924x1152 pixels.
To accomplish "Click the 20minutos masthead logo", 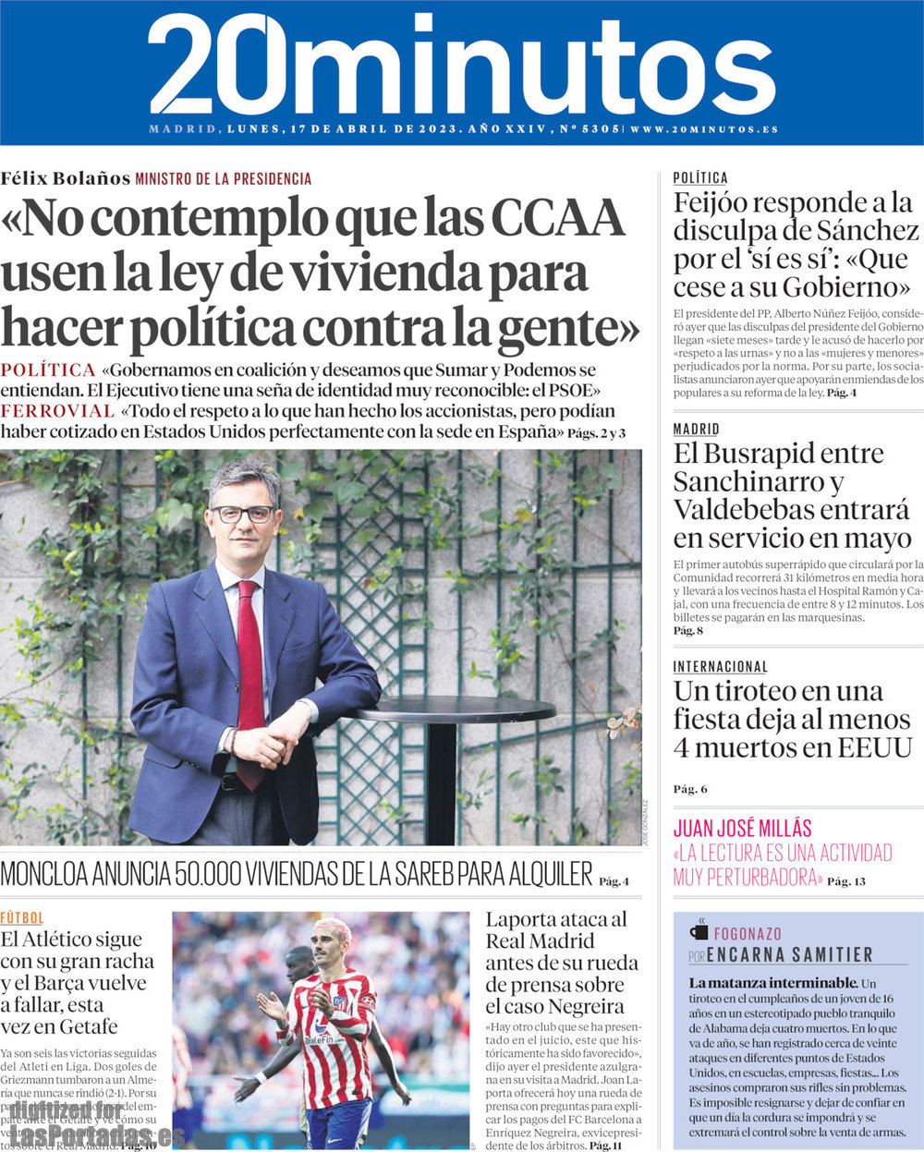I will (459, 65).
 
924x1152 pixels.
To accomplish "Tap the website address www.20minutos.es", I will (704, 129).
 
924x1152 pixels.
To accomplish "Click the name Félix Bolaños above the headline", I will (65, 178).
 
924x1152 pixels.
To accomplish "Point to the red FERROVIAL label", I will (57, 410).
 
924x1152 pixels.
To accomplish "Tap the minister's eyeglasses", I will (242, 514).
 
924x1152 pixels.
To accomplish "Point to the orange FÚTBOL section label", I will (21, 917).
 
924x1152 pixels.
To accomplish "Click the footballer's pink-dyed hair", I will (333, 929).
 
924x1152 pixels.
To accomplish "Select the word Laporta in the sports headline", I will (522, 919).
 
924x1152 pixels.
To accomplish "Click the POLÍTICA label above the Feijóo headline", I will (700, 177).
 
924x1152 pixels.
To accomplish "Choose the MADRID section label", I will (696, 429).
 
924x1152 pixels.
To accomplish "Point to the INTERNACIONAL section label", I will (720, 666).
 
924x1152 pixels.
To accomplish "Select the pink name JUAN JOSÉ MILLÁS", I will (742, 828).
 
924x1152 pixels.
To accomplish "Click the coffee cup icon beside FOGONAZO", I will (699, 931).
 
